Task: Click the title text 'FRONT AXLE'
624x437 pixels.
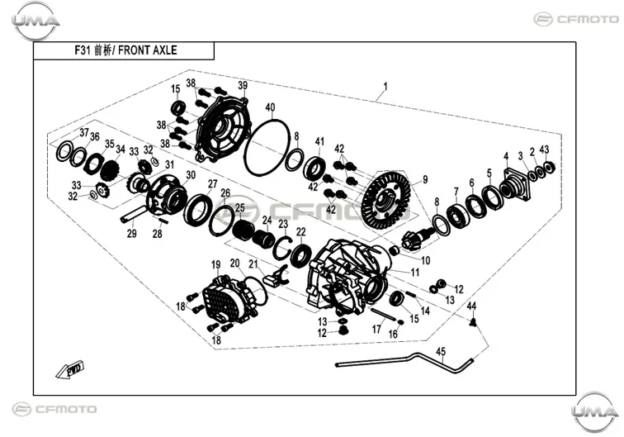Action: (147, 50)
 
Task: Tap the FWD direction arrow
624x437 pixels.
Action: (70, 369)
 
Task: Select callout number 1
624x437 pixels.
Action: (385, 86)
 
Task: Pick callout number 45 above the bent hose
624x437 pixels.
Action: (441, 352)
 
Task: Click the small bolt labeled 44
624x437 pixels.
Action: (473, 322)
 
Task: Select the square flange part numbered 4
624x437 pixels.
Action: (514, 184)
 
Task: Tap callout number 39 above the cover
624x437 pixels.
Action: (243, 85)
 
